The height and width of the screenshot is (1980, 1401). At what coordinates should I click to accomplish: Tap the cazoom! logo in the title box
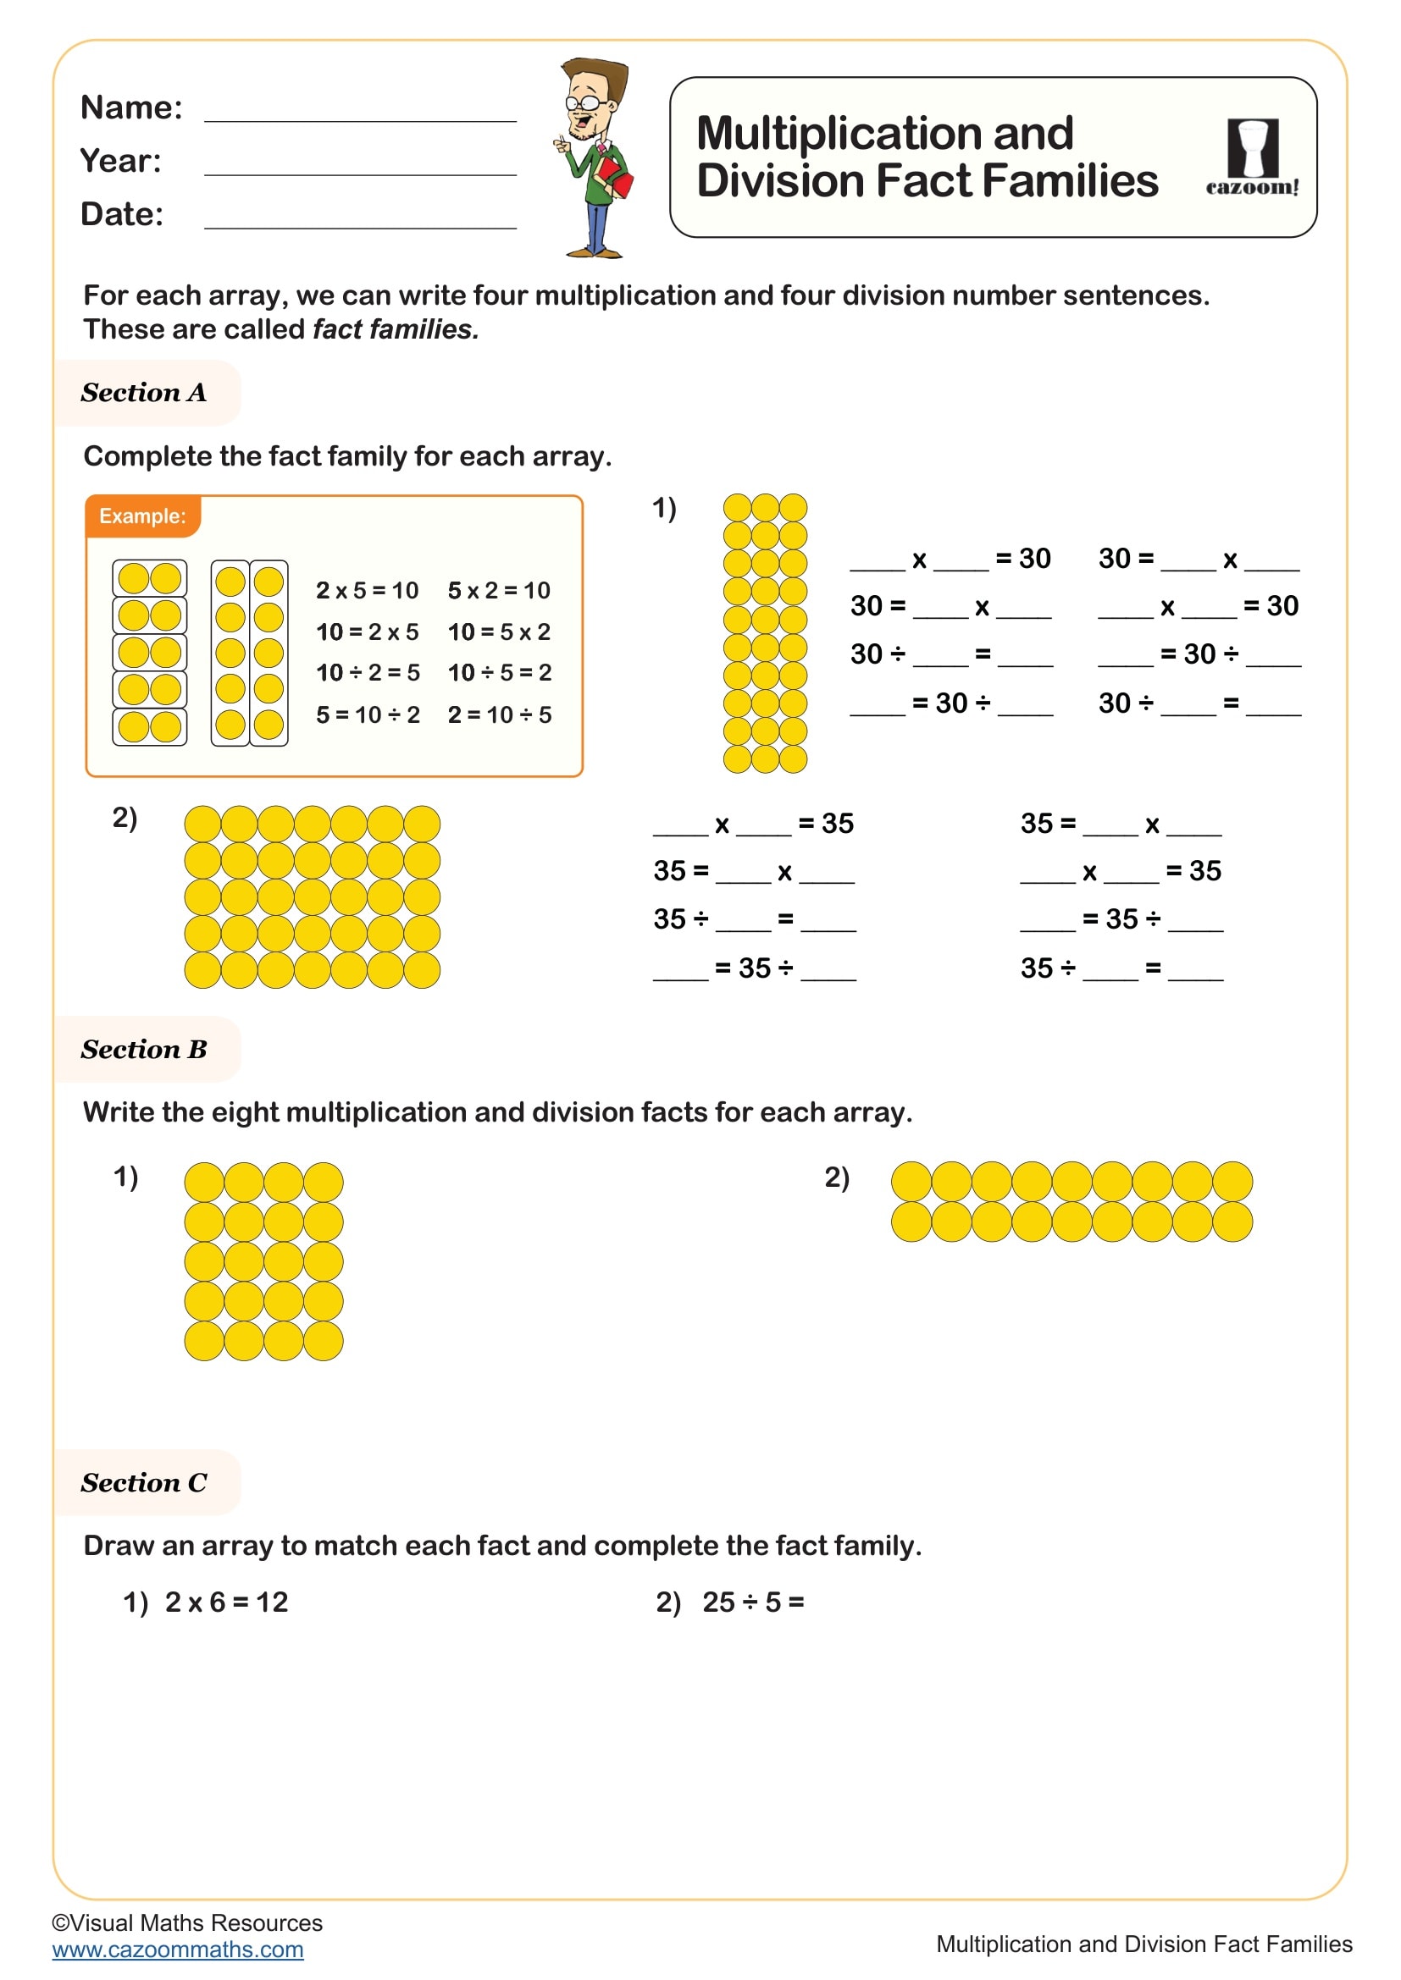pyautogui.click(x=1252, y=158)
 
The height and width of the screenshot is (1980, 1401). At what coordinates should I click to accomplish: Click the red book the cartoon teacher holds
pyautogui.click(x=614, y=176)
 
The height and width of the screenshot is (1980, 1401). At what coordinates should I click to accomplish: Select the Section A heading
pyautogui.click(x=144, y=394)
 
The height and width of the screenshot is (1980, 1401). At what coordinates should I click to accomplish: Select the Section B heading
pyautogui.click(x=144, y=1050)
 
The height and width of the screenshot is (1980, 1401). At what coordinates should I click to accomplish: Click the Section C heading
pyautogui.click(x=144, y=1483)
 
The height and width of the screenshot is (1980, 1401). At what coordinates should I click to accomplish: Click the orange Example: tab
pyautogui.click(x=142, y=516)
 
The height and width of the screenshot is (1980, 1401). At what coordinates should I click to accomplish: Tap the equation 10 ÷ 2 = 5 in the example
pyautogui.click(x=368, y=673)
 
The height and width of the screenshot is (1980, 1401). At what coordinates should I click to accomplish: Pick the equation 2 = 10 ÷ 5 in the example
pyautogui.click(x=500, y=715)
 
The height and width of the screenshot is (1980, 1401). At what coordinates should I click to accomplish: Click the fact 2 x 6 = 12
pyautogui.click(x=226, y=1602)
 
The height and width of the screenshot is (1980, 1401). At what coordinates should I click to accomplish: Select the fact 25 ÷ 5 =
pyautogui.click(x=752, y=1602)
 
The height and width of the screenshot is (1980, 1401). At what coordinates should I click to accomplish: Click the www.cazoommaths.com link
pyautogui.click(x=178, y=1950)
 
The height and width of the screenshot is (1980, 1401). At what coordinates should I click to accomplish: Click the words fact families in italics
pyautogui.click(x=395, y=329)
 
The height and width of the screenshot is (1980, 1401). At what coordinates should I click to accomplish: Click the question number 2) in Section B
pyautogui.click(x=837, y=1178)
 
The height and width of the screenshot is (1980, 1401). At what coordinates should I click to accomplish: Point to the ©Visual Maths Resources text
pyautogui.click(x=187, y=1923)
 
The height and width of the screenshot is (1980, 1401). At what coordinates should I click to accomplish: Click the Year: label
pyautogui.click(x=121, y=162)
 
